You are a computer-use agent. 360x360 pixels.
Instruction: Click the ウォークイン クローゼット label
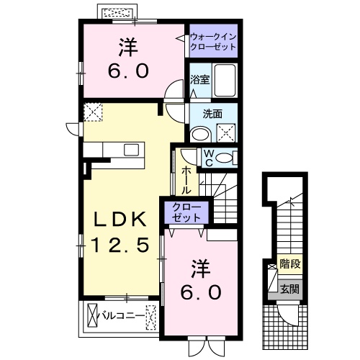click(213, 41)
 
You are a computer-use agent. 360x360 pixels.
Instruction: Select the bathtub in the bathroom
click(225, 81)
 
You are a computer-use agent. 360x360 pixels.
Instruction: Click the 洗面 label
click(212, 113)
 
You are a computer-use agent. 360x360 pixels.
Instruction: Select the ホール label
click(186, 179)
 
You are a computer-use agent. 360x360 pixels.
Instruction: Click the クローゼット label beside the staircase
click(187, 212)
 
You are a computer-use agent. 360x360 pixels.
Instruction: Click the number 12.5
click(120, 246)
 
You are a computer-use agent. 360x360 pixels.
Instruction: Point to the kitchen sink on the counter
click(131, 149)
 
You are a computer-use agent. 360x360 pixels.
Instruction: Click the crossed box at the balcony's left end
click(91, 315)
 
